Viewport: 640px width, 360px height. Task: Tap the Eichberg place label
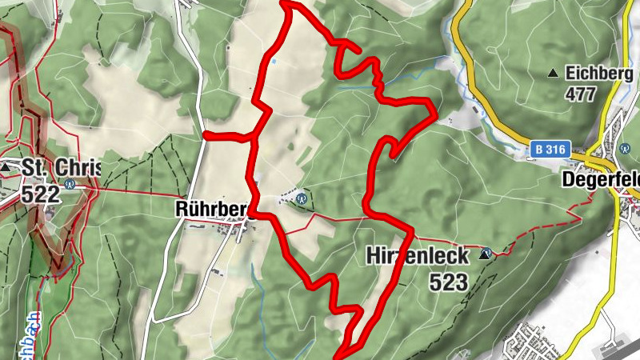tap(594, 74)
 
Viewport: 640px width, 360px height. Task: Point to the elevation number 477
tap(581, 94)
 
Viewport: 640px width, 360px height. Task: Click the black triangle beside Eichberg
tap(553, 74)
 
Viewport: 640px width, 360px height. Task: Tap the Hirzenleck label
tap(416, 256)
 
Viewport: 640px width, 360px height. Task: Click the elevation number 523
tap(448, 281)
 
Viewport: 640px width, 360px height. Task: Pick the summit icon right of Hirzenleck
tap(484, 255)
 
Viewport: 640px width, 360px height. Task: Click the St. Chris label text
tap(61, 169)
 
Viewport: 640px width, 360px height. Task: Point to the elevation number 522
tap(42, 194)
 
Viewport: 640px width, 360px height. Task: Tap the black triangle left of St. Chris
tap(6, 169)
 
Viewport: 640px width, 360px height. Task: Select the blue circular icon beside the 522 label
tap(70, 183)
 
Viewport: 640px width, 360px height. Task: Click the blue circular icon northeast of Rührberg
tap(302, 197)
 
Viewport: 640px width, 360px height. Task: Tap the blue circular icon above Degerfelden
tap(625, 148)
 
